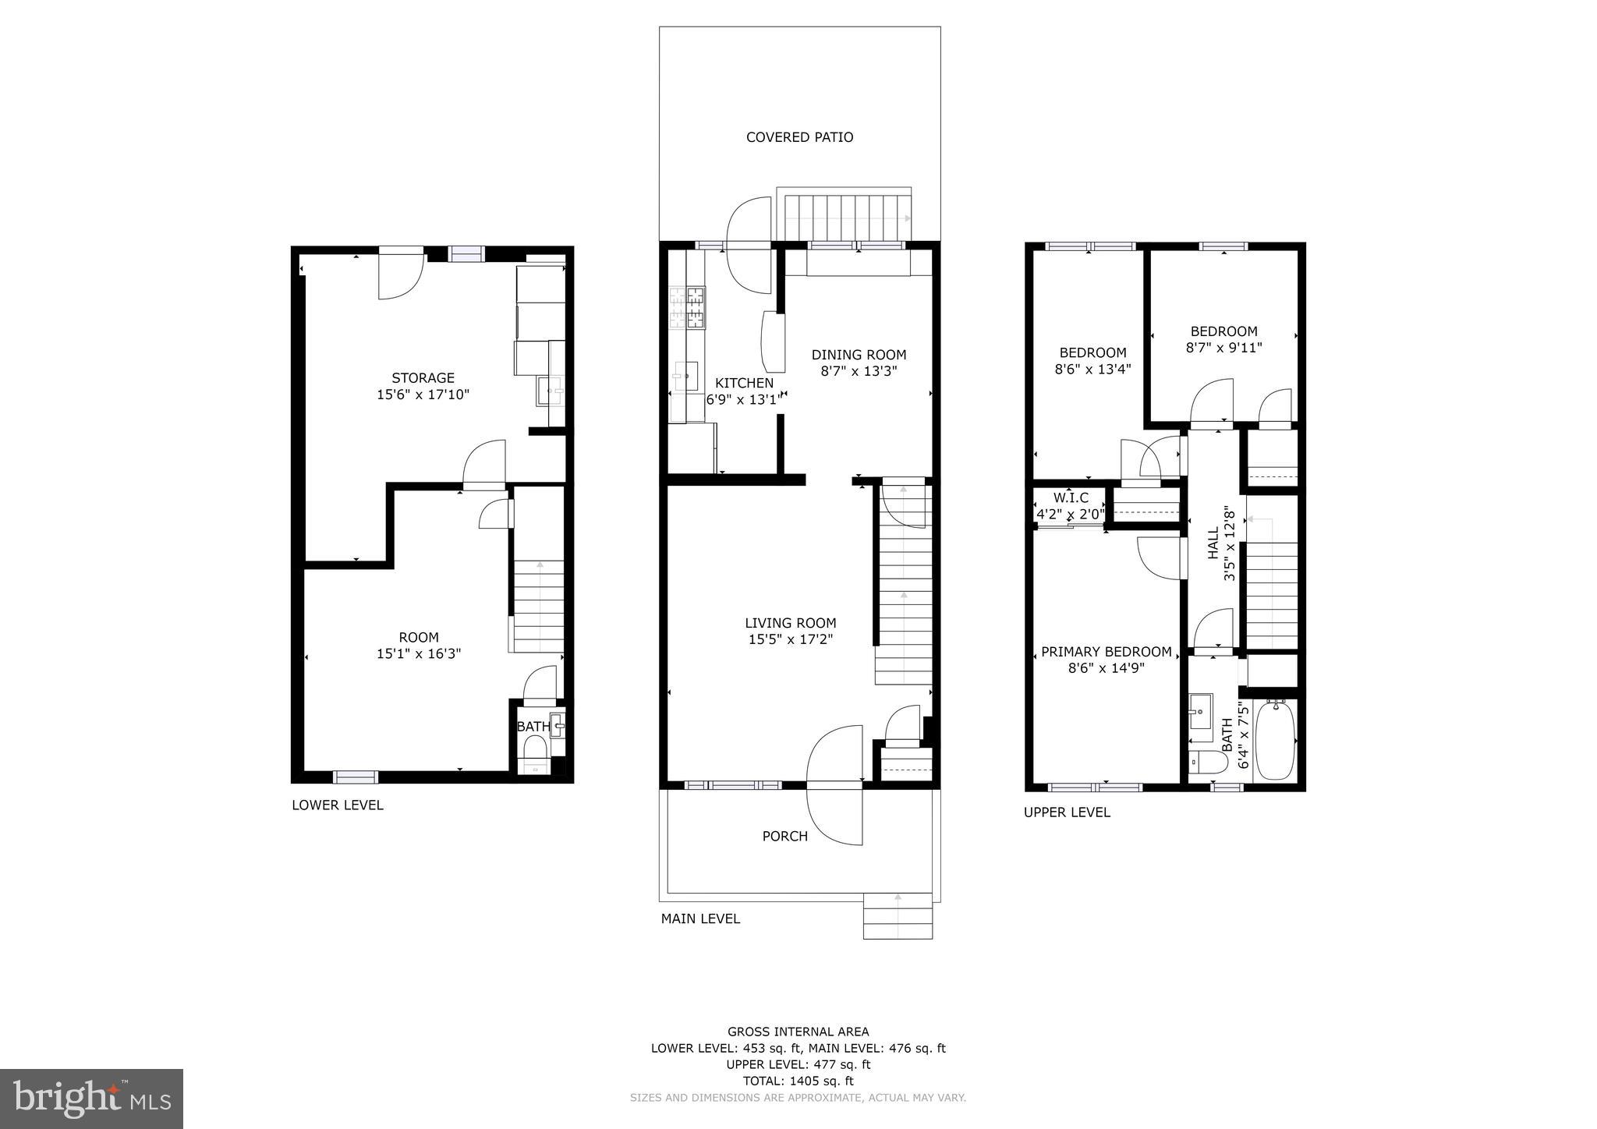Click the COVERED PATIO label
(x=799, y=137)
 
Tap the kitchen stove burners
(x=687, y=307)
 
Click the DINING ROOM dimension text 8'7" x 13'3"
(x=859, y=372)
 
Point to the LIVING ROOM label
(x=790, y=623)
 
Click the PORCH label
(x=784, y=837)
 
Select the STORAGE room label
(x=423, y=378)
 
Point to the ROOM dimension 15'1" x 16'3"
(x=419, y=654)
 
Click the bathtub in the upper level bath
(x=1276, y=738)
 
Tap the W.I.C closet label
(x=1070, y=497)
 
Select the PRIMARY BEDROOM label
(x=1106, y=652)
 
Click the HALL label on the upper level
(x=1213, y=543)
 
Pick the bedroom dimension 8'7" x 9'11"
(x=1223, y=348)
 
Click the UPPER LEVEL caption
(x=1067, y=812)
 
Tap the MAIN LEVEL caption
(x=700, y=919)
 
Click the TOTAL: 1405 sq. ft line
(x=798, y=1081)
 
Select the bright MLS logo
(x=91, y=1099)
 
